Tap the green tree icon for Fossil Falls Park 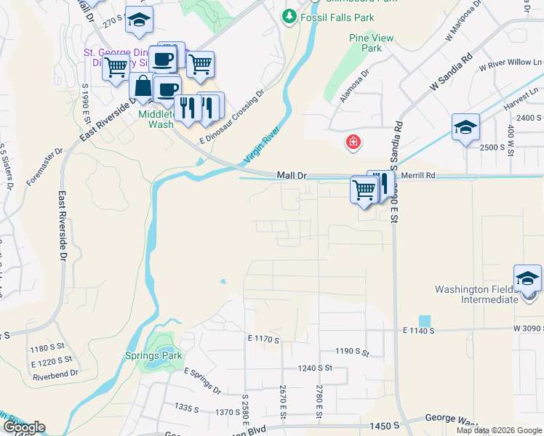[x=289, y=15]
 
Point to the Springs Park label [x=152, y=356]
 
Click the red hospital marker [x=353, y=142]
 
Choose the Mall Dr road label [x=292, y=176]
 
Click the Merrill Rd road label [x=420, y=176]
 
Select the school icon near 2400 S [x=465, y=128]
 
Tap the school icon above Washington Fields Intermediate [x=527, y=278]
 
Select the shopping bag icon [x=143, y=86]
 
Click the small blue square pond [x=424, y=321]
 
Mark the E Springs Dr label [x=203, y=381]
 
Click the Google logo [x=23, y=427]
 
